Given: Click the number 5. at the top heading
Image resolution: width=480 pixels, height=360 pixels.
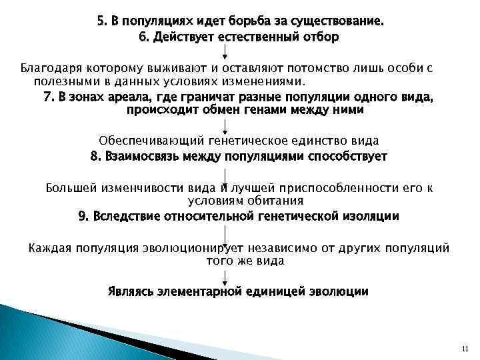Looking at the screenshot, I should click(x=102, y=21).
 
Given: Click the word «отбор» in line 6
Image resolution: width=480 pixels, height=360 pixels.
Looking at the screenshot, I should click(x=322, y=37).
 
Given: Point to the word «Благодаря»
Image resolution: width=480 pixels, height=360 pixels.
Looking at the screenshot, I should click(x=47, y=67).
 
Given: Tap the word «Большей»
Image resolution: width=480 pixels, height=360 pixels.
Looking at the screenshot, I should click(x=70, y=187).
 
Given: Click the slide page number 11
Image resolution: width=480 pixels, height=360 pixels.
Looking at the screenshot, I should click(x=465, y=349).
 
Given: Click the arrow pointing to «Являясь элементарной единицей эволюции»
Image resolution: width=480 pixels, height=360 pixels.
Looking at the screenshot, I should click(x=227, y=277).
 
